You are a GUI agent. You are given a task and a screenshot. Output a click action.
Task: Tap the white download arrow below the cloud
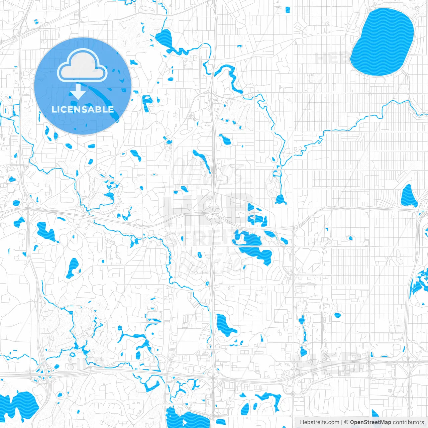point(78,92)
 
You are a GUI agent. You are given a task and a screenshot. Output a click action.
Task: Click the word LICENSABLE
point(83,109)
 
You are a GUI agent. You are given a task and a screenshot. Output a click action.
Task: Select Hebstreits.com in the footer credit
point(319,422)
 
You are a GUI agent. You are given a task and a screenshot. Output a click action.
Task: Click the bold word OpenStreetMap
point(370,422)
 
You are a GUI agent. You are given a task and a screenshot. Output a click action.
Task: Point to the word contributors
point(408,422)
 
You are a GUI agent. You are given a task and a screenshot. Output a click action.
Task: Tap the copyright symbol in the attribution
point(346,422)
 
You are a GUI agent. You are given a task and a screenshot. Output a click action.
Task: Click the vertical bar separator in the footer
point(342,422)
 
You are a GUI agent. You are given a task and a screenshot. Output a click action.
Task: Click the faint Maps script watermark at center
point(207,171)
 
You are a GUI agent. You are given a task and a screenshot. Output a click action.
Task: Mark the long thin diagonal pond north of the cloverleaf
point(201,160)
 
